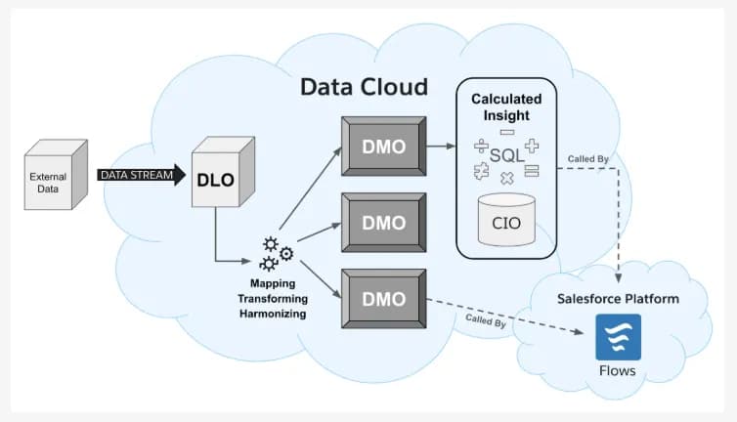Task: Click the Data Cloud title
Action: [x=364, y=87]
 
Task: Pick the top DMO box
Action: [x=383, y=147]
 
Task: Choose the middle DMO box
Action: [x=383, y=222]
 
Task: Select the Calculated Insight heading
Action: [x=506, y=107]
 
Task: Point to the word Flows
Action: [x=618, y=371]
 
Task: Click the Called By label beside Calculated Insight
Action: [x=588, y=158]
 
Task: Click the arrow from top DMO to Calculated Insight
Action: [x=443, y=147]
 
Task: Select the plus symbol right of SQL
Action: [x=532, y=147]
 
